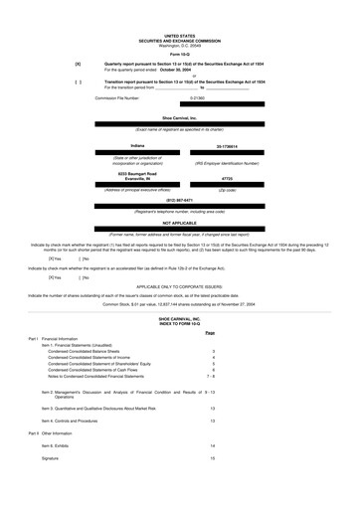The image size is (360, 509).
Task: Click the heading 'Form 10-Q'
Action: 180,52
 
